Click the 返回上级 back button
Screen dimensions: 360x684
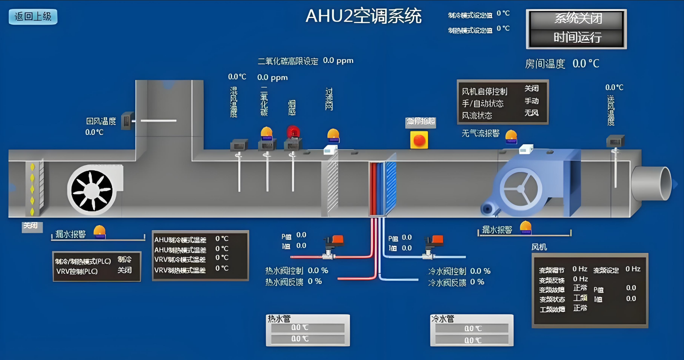coord(33,17)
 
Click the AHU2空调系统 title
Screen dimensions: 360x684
coord(363,16)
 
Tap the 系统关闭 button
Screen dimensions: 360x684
coord(577,19)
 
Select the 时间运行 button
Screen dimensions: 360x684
coord(577,37)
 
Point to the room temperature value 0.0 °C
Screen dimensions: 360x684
coord(586,64)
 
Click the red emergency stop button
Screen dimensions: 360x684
coord(419,140)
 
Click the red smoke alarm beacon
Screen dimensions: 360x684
coord(293,132)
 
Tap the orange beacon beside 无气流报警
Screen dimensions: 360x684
coord(511,136)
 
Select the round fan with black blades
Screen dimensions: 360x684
coord(92,191)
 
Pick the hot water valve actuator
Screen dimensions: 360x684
coord(335,242)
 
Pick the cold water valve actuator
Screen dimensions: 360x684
coord(435,242)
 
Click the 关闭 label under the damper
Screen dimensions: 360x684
coord(31,226)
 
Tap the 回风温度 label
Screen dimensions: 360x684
coord(101,121)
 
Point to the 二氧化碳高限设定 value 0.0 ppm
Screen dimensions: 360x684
coord(338,60)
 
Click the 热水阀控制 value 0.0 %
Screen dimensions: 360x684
coord(318,271)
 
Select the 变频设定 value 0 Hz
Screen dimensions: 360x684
coord(633,269)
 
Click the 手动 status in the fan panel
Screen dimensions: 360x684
coord(531,101)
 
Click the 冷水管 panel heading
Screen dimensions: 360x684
coord(443,319)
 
